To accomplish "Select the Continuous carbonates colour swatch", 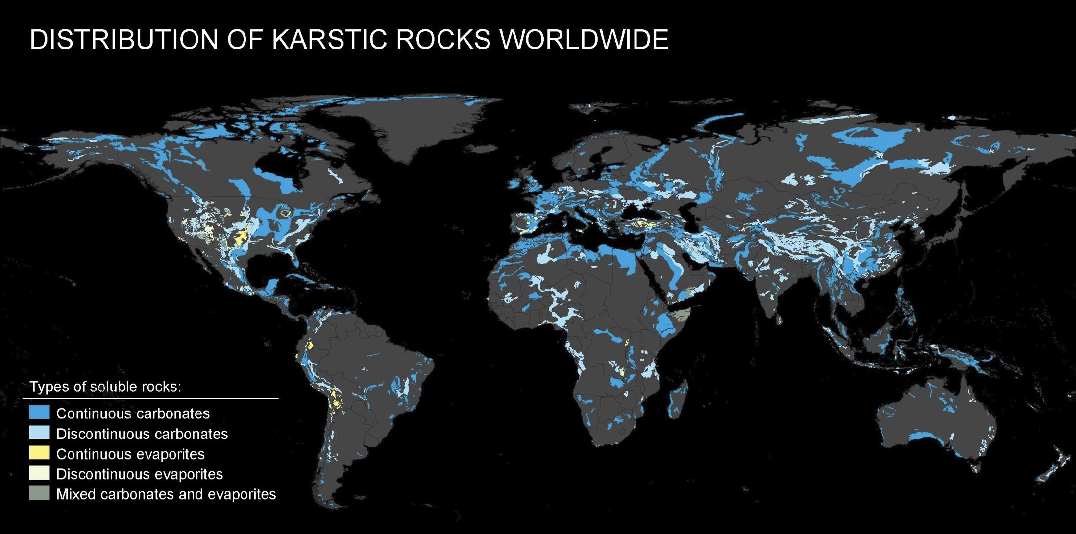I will click(x=39, y=413).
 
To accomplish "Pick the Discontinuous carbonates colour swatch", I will click(x=39, y=433).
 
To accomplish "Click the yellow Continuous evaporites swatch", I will click(x=39, y=453).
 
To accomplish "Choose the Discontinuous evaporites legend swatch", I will click(x=39, y=473).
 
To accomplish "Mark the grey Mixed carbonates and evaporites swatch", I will click(x=39, y=493).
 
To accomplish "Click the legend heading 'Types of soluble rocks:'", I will click(x=105, y=387).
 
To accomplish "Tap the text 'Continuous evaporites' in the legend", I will click(x=130, y=454).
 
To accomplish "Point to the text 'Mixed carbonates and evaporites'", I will click(x=166, y=494).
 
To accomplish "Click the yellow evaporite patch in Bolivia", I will click(x=336, y=399).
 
